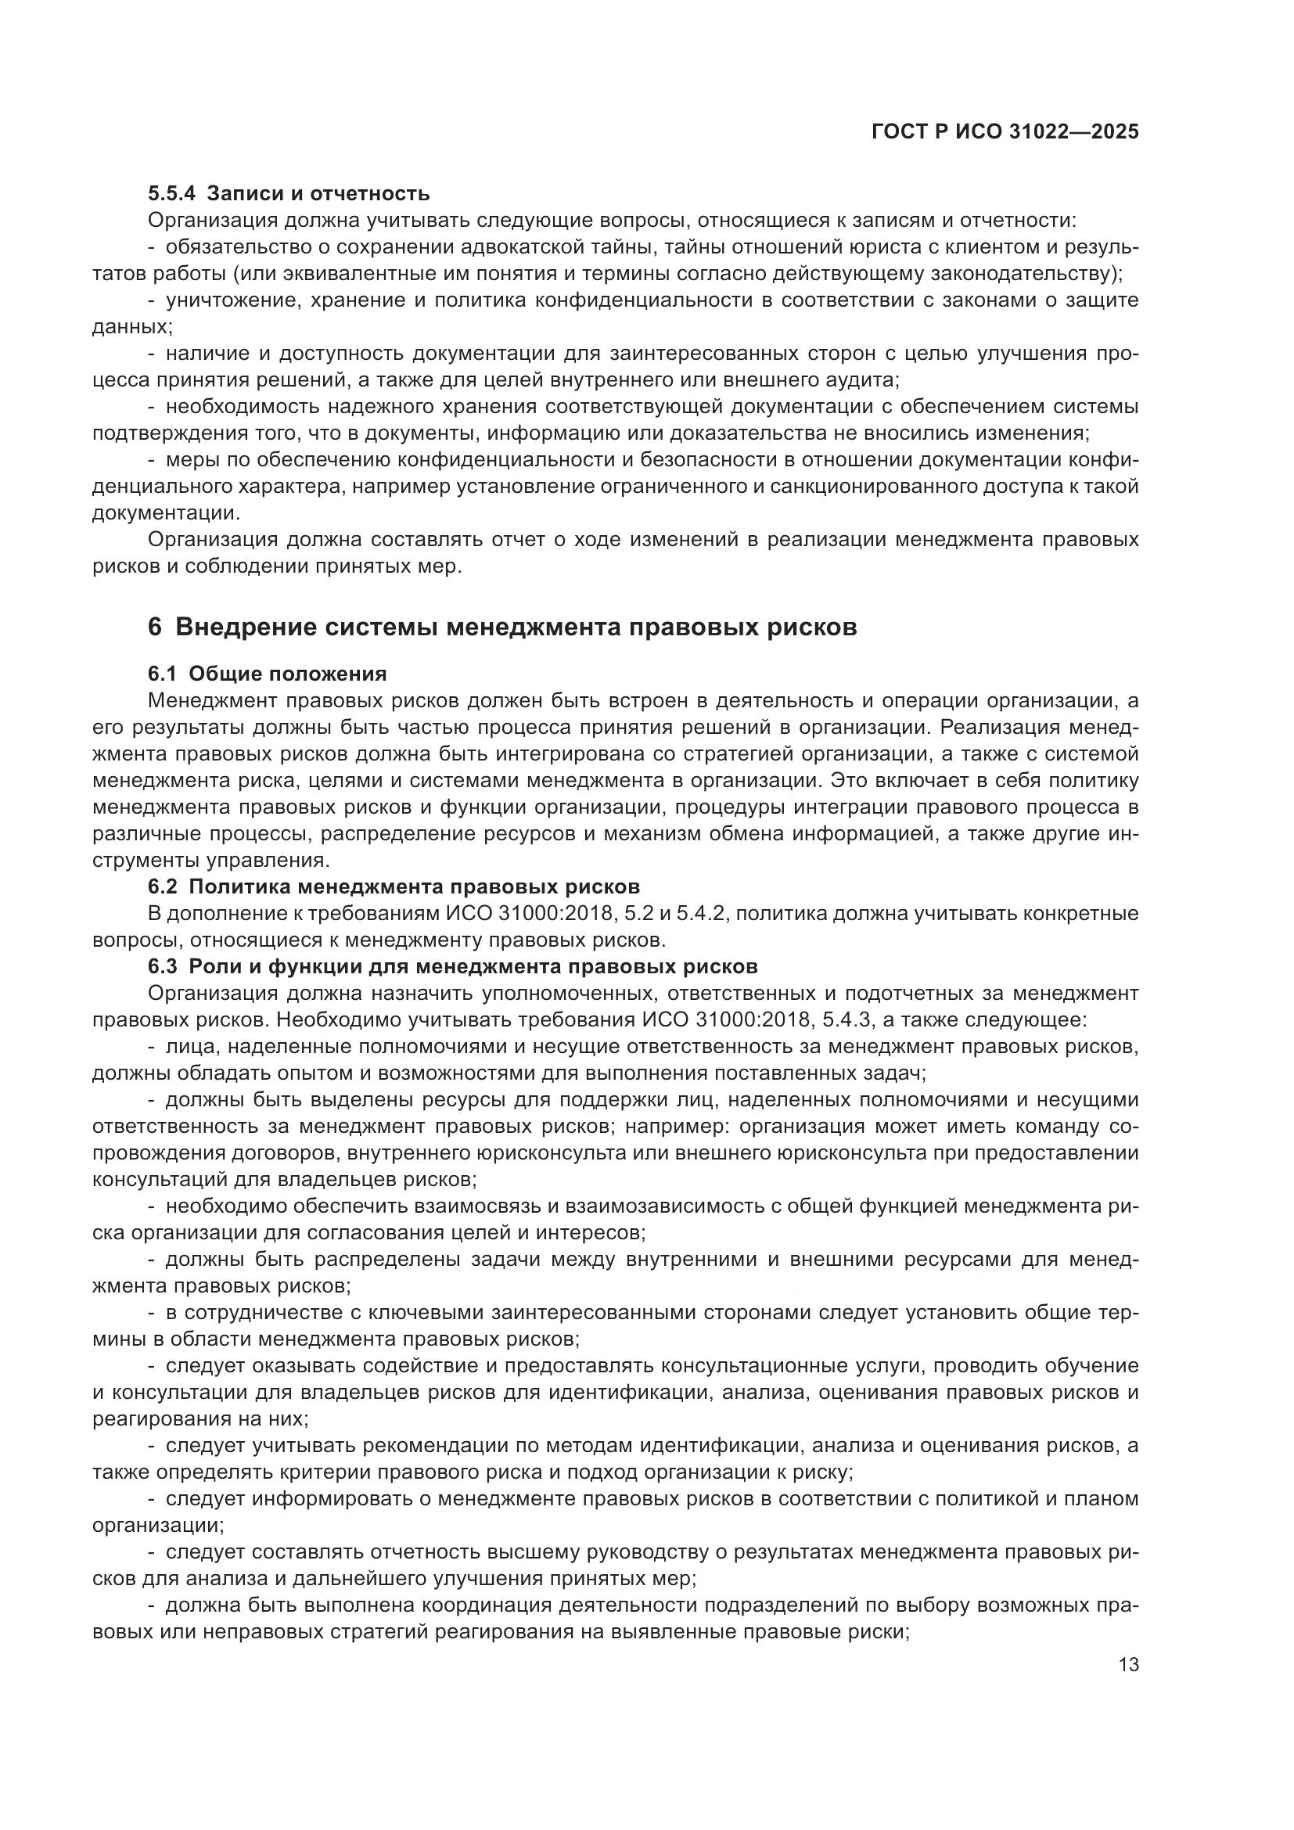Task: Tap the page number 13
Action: click(x=1128, y=1664)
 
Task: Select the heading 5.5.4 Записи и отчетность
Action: click(x=289, y=193)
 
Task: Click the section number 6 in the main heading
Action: click(x=155, y=627)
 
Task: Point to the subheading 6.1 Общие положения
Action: click(x=267, y=674)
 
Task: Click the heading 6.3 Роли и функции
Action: click(x=452, y=967)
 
